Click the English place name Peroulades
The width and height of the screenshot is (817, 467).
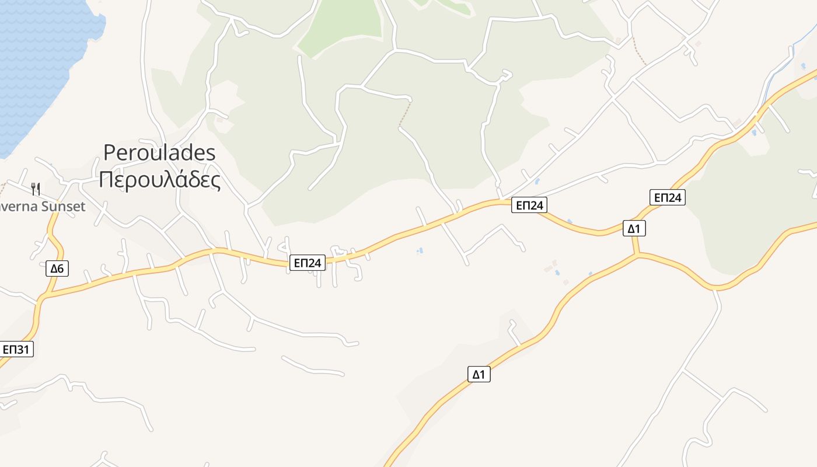(159, 153)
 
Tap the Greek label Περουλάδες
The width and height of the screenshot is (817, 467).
(159, 180)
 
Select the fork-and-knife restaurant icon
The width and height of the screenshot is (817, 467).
(36, 189)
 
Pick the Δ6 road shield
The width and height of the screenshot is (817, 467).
(57, 269)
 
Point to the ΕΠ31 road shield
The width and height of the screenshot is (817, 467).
(16, 350)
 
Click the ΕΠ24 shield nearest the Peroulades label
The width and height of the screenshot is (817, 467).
(307, 263)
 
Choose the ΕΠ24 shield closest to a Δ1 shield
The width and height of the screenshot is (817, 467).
(667, 197)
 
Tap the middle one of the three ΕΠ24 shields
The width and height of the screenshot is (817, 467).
(529, 205)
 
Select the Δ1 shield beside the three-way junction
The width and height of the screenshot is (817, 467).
(634, 228)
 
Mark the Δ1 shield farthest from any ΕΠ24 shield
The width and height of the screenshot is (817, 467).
(479, 374)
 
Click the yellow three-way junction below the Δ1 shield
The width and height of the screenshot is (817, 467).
(637, 255)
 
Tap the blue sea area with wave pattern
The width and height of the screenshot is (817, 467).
(41, 58)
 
